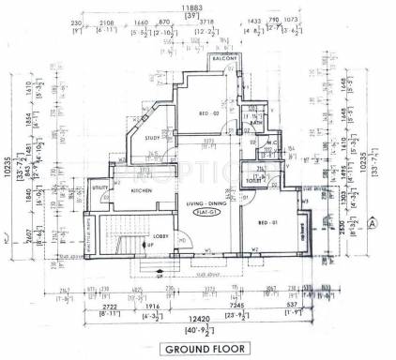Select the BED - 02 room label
pyautogui.click(x=208, y=112)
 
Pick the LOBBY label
pyautogui.click(x=160, y=237)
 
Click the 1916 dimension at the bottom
pyautogui.click(x=153, y=307)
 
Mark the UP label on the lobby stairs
pyautogui.click(x=149, y=245)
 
